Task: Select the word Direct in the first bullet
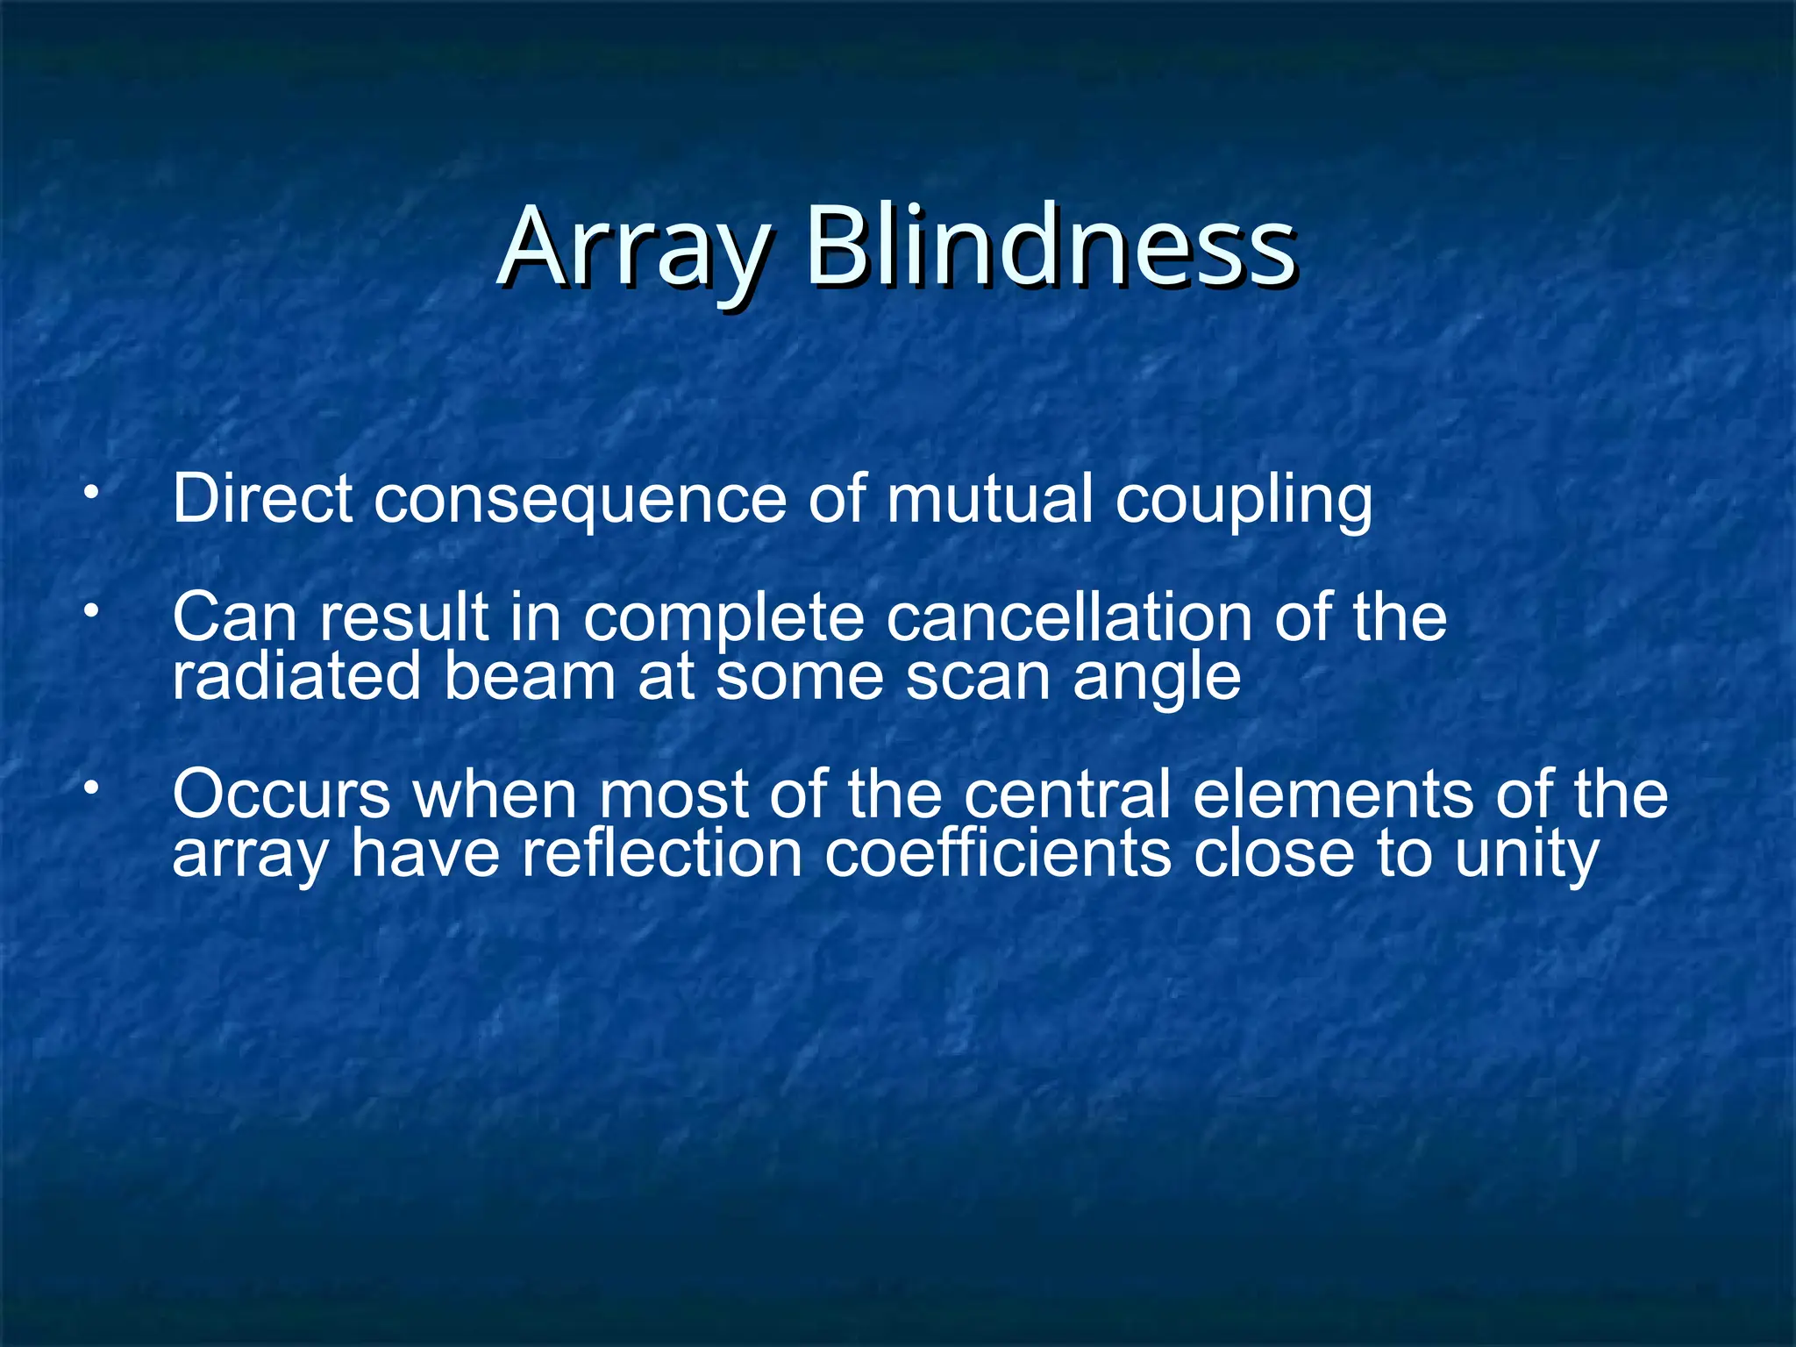[262, 498]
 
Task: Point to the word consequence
[581, 500]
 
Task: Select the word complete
[724, 619]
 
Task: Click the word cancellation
[1069, 617]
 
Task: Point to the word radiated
[296, 677]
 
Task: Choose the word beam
[530, 677]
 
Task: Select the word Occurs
[282, 795]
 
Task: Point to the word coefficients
[997, 854]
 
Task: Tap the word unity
[1527, 856]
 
